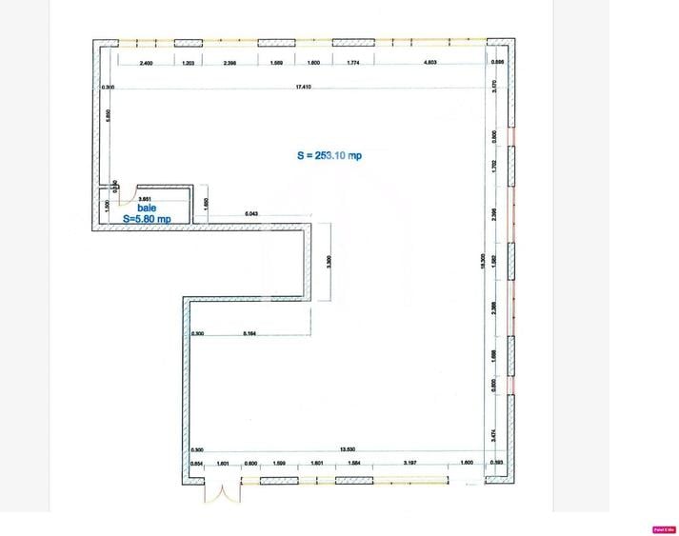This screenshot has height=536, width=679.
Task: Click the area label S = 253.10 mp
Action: (330, 156)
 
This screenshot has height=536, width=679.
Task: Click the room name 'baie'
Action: (147, 208)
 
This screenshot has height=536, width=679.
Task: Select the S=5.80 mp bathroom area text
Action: (147, 219)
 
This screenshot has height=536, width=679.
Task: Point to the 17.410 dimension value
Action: (304, 87)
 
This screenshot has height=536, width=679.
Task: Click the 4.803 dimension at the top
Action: (429, 63)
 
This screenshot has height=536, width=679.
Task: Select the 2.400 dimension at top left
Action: (146, 63)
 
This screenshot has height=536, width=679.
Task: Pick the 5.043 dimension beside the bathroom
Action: (251, 213)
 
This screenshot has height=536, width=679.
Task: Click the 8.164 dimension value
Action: (250, 333)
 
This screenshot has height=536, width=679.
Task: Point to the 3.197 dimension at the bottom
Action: (409, 464)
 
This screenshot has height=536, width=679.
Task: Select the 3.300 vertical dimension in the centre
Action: (328, 261)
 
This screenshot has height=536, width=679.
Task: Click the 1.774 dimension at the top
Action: (353, 63)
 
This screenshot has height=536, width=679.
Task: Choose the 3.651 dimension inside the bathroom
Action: (146, 198)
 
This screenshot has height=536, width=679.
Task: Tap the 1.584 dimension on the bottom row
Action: (354, 464)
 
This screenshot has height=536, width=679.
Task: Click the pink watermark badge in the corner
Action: (664, 529)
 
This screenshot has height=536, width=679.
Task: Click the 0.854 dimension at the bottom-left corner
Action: (197, 464)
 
